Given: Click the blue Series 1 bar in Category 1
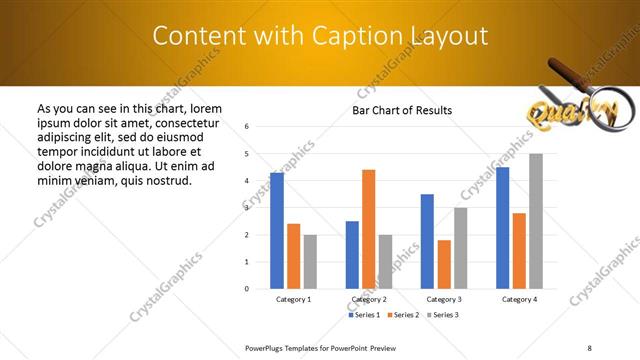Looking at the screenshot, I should [277, 231].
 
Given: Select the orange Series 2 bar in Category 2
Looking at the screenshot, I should [368, 229].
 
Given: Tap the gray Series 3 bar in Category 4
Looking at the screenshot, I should [536, 221].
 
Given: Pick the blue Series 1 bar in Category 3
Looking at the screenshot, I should [427, 241].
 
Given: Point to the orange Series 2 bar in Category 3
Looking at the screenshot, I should [444, 264].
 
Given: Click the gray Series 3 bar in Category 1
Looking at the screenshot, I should [310, 262].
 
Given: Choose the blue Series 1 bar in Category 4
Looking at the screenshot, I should [502, 228].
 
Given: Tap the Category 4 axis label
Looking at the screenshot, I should [519, 299].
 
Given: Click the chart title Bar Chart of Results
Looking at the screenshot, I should [402, 110].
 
